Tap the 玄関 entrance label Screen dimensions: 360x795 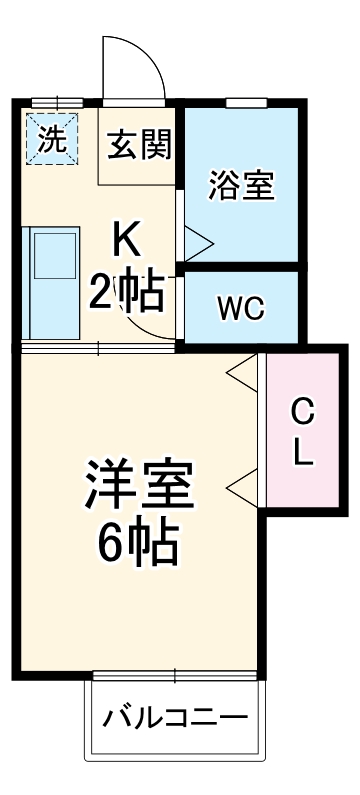point(140,145)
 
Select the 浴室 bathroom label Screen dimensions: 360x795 point(241,186)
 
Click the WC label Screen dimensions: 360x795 point(241,308)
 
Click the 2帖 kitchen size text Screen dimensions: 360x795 point(127,291)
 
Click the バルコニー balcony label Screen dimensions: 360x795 point(175,719)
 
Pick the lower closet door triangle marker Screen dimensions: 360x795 point(241,489)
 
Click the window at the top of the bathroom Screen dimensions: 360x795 point(246,102)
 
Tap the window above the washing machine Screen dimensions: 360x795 point(57,102)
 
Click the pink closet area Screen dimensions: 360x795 point(304,430)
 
